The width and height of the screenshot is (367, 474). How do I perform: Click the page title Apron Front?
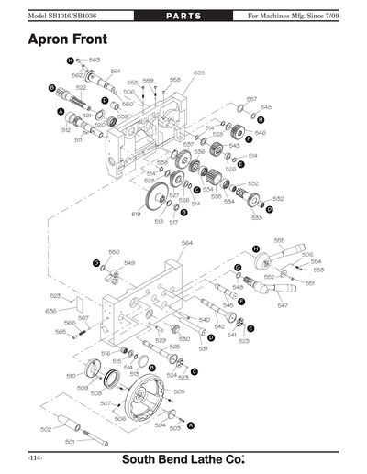tap(66, 40)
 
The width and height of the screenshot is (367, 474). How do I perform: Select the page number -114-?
tap(36, 456)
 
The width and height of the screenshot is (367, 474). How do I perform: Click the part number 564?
tap(186, 243)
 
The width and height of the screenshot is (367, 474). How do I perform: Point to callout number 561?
tap(116, 71)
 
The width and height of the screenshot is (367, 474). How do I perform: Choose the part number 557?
tap(251, 98)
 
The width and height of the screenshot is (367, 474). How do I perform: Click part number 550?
tap(115, 252)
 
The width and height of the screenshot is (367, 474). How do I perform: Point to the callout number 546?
tap(261, 133)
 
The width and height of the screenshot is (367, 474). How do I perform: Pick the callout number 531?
tap(203, 348)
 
